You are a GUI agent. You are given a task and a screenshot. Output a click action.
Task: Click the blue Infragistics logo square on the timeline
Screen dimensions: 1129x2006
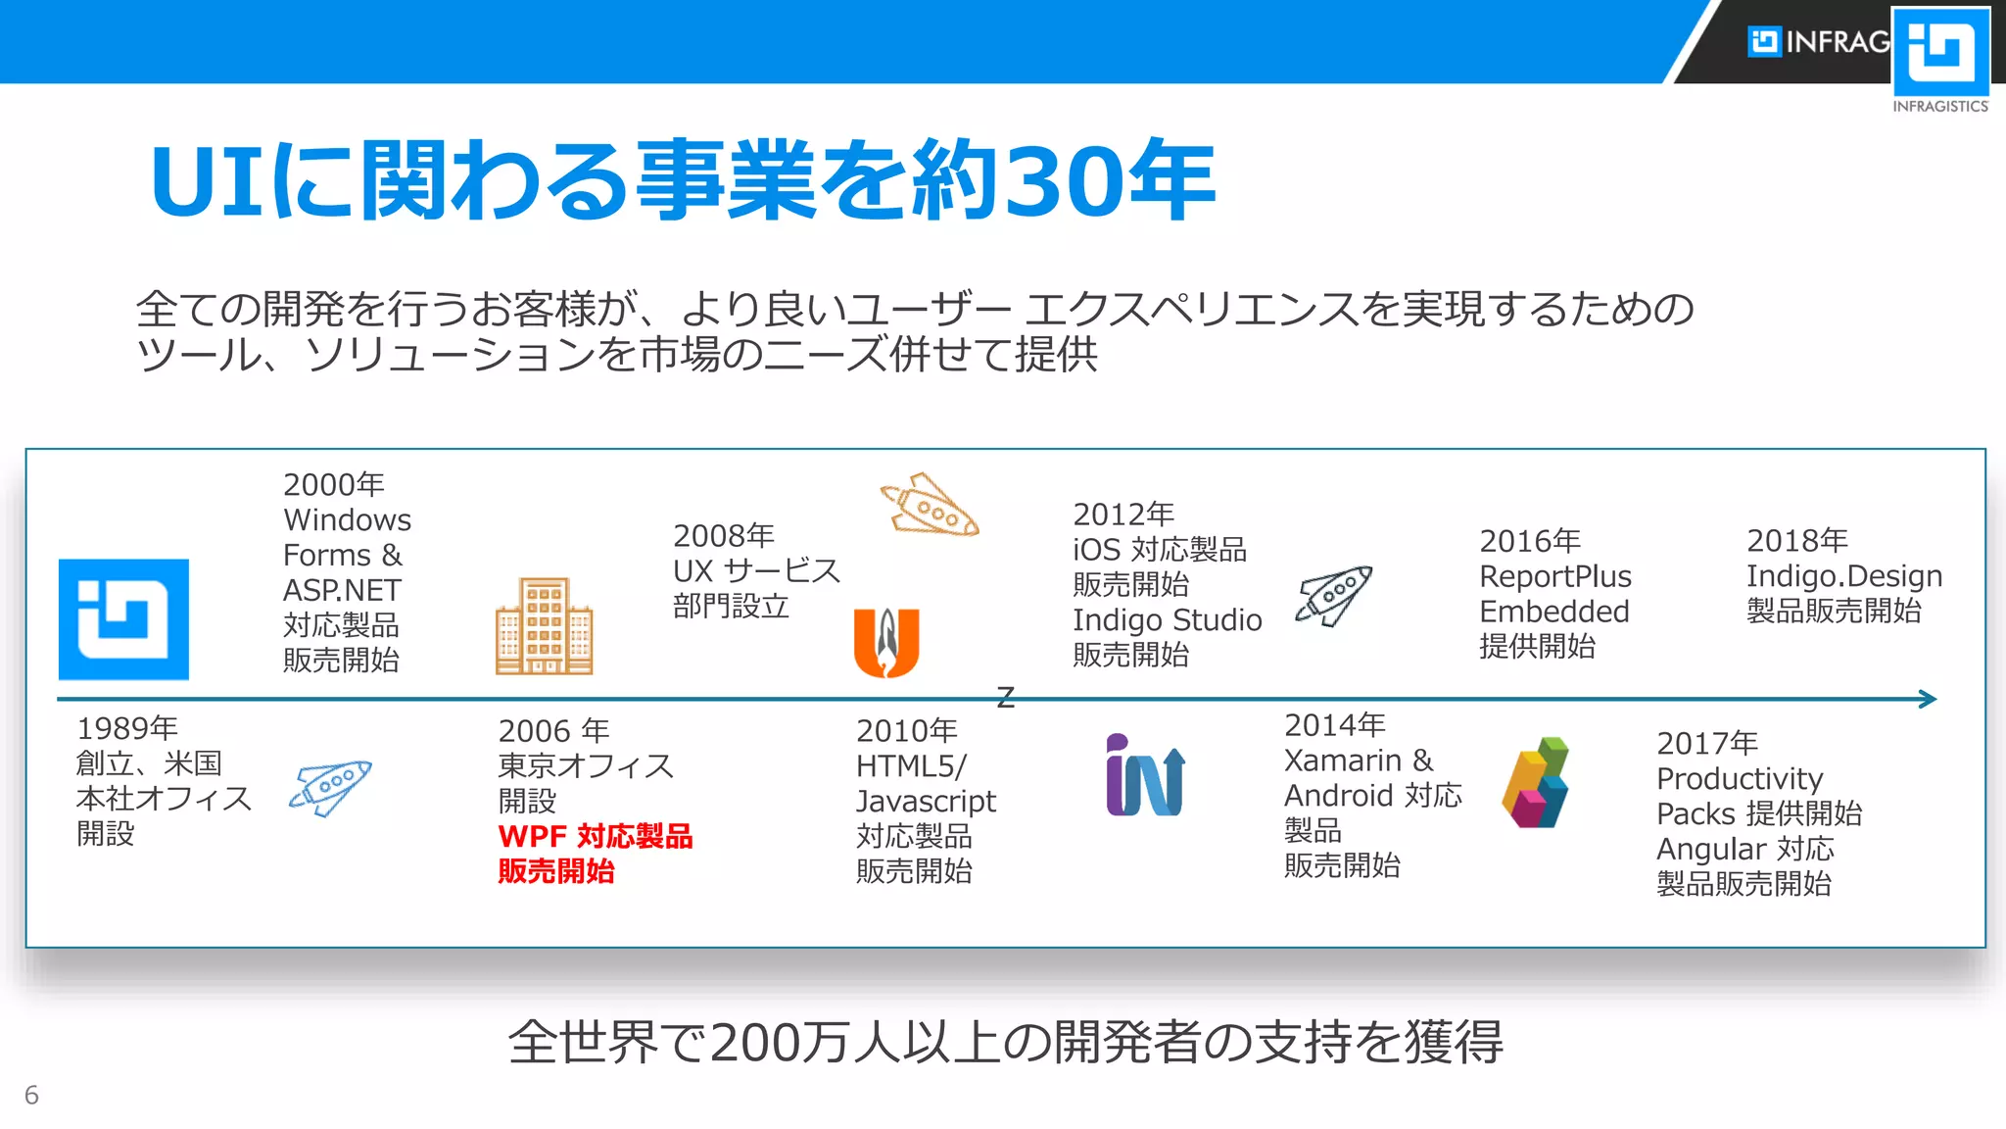(x=123, y=619)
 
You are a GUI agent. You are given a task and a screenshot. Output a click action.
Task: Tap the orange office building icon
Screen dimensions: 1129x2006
(x=545, y=627)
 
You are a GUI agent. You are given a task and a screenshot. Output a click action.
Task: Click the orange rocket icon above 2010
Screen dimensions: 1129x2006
(x=930, y=506)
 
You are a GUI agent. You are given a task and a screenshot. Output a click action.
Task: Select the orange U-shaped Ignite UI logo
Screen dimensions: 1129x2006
(x=886, y=643)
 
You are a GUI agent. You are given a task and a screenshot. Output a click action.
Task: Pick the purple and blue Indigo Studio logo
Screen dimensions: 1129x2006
(x=1145, y=775)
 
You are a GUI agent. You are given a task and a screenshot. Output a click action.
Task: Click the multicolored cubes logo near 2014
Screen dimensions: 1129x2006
(x=1536, y=783)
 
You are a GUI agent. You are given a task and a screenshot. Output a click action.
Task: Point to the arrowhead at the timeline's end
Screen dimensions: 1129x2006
(x=1929, y=699)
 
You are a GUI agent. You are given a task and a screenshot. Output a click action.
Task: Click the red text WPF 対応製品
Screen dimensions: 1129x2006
(x=595, y=836)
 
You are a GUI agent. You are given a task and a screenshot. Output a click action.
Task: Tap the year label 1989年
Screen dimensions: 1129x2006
(x=127, y=728)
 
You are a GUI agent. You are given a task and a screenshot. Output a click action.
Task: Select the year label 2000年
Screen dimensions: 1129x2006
(x=333, y=484)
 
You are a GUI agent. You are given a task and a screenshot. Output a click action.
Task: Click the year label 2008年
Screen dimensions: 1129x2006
(x=723, y=535)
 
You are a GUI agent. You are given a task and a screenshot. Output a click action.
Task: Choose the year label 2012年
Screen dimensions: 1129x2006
(x=1122, y=514)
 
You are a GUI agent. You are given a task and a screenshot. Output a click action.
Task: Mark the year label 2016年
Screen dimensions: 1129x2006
(x=1529, y=540)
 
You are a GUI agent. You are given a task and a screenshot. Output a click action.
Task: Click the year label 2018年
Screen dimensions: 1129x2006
(x=1796, y=540)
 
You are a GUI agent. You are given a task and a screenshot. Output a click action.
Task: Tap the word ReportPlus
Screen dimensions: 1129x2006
(x=1554, y=576)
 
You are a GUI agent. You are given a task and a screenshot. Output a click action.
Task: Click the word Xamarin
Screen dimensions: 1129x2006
(x=1342, y=761)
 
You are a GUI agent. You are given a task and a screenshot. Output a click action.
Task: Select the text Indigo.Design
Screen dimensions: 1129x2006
(x=1843, y=576)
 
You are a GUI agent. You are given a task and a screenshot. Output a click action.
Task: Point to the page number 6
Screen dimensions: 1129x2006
(x=31, y=1095)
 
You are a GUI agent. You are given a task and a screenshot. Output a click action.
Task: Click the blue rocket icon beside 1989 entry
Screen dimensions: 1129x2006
(x=331, y=786)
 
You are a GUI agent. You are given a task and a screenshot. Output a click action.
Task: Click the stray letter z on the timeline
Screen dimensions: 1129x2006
(x=1005, y=697)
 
